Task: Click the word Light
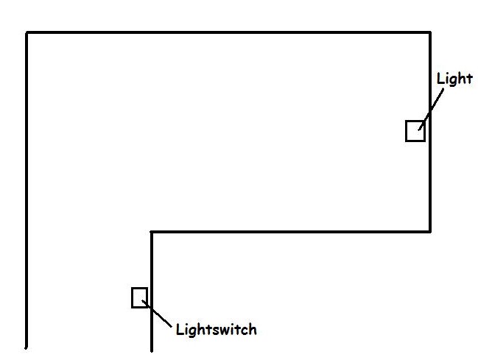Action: pos(454,80)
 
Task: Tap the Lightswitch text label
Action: pos(217,330)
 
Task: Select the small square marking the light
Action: pos(415,131)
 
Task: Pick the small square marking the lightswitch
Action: pos(140,297)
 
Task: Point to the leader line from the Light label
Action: pos(431,109)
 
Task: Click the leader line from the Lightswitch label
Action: pos(157,314)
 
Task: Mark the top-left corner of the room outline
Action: pos(27,32)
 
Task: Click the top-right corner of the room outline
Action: pos(430,32)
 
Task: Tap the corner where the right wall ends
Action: pos(430,232)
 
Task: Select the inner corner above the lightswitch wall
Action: pos(152,232)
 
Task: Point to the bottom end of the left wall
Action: pos(27,347)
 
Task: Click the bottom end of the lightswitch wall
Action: pos(152,351)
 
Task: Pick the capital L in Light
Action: pos(440,78)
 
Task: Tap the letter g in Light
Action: pos(452,81)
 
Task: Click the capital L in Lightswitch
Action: pos(180,330)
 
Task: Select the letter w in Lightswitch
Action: pos(226,331)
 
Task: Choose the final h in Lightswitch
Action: pos(253,330)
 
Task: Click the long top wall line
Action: pos(228,32)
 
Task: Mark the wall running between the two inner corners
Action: pos(290,232)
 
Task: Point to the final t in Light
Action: pos(469,79)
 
